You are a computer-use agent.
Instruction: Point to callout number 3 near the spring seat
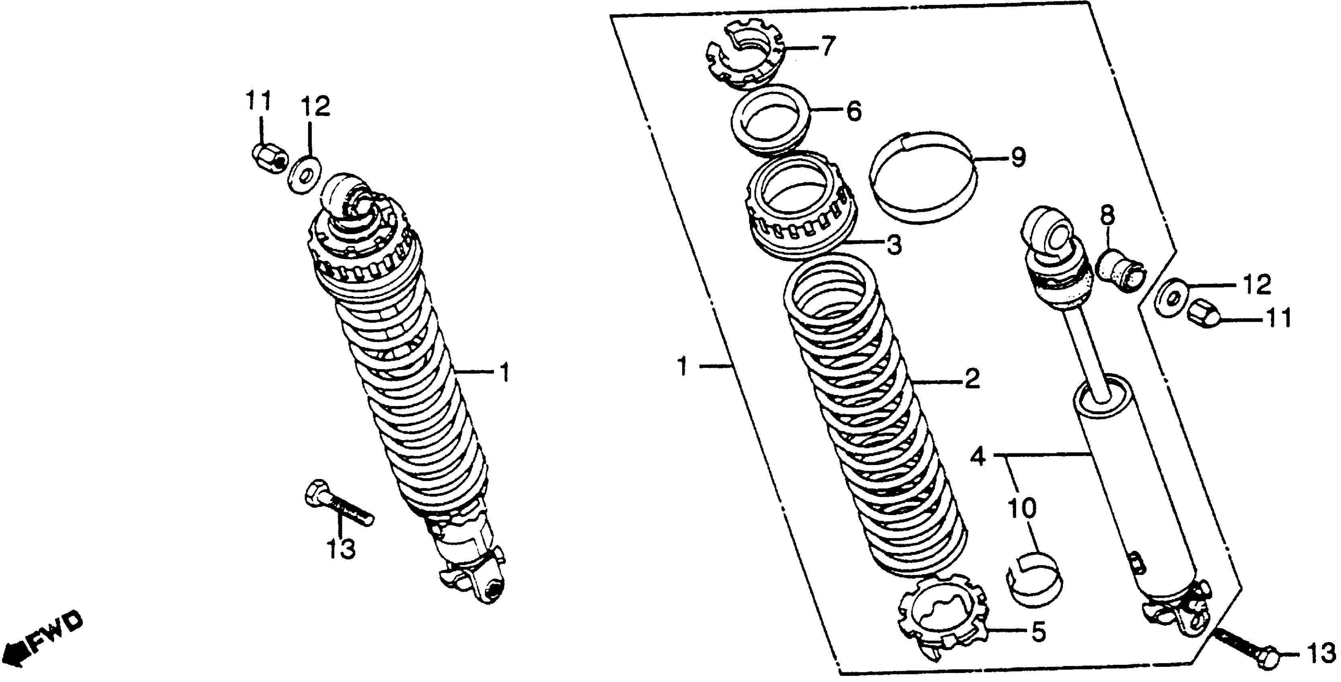(894, 245)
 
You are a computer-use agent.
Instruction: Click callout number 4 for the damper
(979, 458)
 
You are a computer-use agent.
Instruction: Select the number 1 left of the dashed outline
(683, 367)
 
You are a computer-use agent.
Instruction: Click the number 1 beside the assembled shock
(504, 373)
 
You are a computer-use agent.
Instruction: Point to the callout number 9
(1017, 157)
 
